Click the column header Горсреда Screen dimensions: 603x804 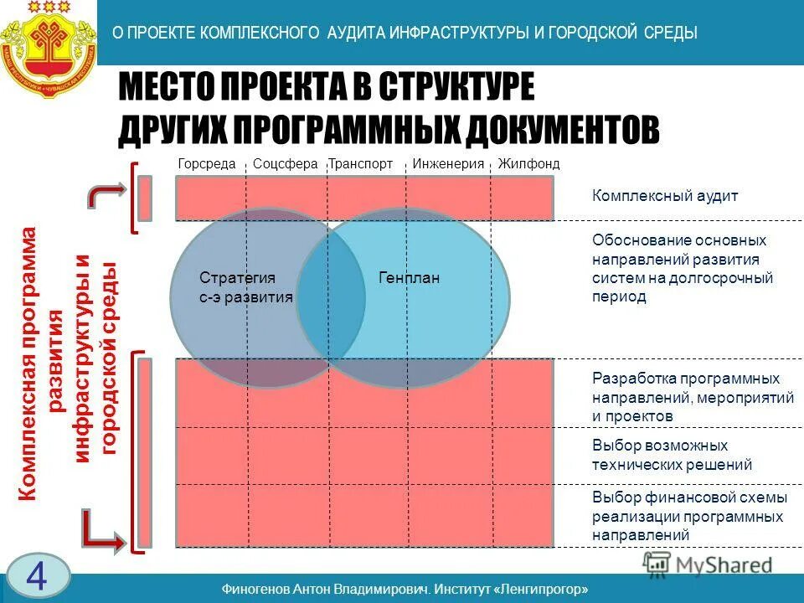(207, 164)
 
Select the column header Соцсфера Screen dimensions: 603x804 (285, 164)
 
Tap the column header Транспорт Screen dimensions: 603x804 (360, 164)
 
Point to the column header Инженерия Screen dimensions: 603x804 (448, 164)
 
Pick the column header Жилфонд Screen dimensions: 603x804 (528, 164)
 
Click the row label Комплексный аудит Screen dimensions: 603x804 (665, 196)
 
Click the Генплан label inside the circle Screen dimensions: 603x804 (409, 277)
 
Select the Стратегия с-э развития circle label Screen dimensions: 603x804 (246, 286)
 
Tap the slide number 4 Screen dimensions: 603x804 (36, 576)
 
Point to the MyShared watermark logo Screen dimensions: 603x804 (708, 564)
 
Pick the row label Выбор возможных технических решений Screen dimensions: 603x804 (672, 455)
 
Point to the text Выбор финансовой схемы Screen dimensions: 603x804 (689, 497)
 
